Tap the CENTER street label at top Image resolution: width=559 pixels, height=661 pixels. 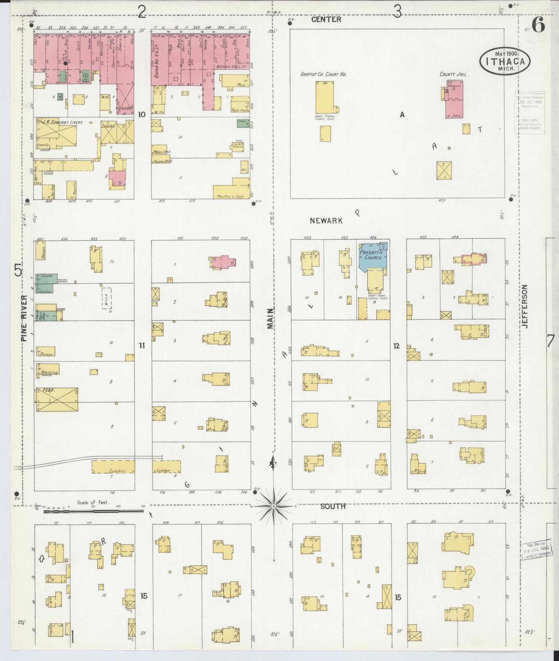click(x=326, y=20)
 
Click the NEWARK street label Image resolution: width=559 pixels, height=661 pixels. click(x=326, y=221)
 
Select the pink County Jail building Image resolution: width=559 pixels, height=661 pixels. click(x=454, y=99)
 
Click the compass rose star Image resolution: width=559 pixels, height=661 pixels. click(x=273, y=506)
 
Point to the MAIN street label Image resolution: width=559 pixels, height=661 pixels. click(x=271, y=319)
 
